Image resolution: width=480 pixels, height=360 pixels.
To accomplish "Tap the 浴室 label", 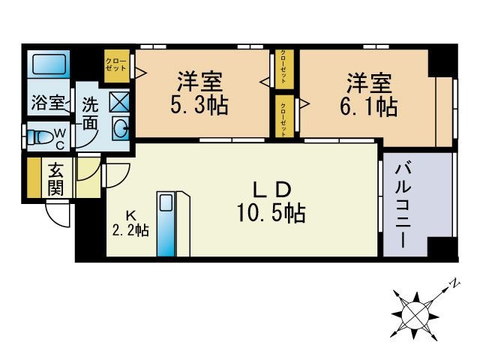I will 47,103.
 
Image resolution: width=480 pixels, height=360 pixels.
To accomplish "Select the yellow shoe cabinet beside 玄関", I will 33,178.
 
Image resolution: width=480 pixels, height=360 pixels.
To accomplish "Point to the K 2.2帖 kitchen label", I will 129,223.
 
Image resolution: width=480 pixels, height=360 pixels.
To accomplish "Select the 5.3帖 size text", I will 199,105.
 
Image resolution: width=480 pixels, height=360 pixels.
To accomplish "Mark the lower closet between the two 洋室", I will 284,117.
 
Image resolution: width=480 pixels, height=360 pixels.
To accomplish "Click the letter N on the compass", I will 454,283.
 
